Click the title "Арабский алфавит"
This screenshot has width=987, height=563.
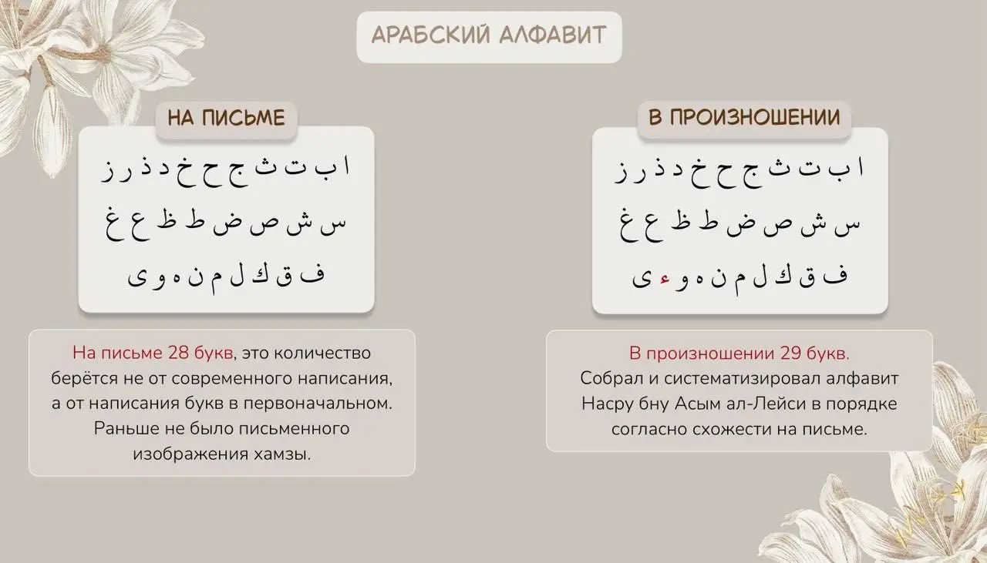tap(489, 35)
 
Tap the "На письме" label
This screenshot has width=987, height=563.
tap(227, 118)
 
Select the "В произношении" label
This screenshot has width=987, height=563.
tap(744, 118)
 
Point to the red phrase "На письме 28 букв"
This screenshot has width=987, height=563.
tap(152, 354)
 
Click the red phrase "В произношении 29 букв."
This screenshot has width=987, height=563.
tap(739, 354)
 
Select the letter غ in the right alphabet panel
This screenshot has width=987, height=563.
tap(625, 224)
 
